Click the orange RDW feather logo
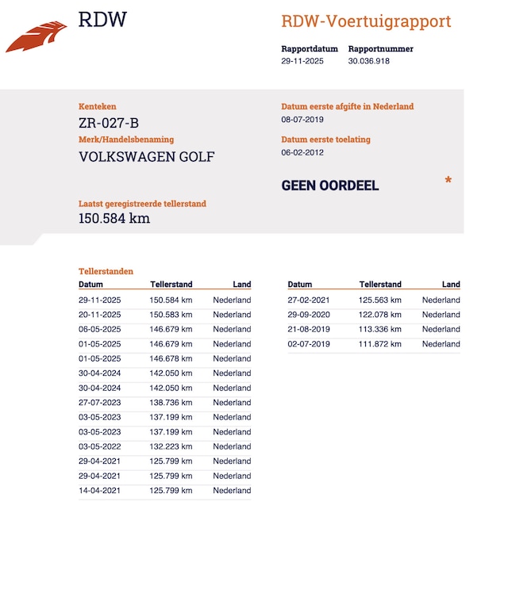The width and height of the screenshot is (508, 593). pos(37,37)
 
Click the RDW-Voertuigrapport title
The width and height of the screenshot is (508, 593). pos(366,21)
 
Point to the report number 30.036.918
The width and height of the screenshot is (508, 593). pos(368,61)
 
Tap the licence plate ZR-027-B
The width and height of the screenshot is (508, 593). pos(109,123)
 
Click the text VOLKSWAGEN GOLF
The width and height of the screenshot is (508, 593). pos(147,156)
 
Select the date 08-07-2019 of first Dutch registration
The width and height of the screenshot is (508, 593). pos(303,120)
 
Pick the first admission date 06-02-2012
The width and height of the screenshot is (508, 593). pos(303,153)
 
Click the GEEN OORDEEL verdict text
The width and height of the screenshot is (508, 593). pos(330,186)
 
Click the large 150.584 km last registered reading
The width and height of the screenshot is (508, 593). pos(114,218)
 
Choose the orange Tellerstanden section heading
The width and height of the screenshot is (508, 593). pos(106,271)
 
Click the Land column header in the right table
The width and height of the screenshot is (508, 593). pos(451,285)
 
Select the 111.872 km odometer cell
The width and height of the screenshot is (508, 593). pos(380,344)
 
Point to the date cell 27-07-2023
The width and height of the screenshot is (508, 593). pos(99,403)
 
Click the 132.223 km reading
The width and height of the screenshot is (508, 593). pos(171,446)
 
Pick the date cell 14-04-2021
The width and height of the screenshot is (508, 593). pos(99,491)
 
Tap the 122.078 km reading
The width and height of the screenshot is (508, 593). pos(380,315)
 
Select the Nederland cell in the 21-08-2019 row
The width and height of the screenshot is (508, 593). pos(441,329)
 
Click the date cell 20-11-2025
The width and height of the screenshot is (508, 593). pos(99,315)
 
